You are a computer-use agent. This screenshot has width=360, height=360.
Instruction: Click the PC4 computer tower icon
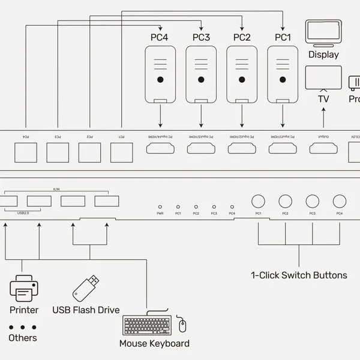tap(160, 75)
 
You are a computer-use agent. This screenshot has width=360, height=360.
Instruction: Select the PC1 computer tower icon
tap(282, 75)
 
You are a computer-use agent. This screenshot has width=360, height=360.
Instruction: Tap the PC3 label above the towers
tap(201, 38)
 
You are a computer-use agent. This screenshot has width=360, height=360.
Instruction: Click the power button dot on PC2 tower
tap(242, 80)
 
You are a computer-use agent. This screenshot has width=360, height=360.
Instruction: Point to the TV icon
tap(323, 78)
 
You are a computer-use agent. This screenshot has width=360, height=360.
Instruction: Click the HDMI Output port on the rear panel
tap(323, 148)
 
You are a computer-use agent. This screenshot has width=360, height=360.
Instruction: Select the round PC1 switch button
tap(258, 201)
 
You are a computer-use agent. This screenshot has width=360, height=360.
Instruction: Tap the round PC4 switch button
tap(340, 201)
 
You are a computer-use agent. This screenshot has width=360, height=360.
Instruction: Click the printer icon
tap(24, 288)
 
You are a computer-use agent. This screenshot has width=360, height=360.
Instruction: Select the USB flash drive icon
tap(86, 288)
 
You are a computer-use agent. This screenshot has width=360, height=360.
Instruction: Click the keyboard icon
tap(147, 326)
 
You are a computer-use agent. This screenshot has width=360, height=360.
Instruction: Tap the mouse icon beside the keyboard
tap(182, 326)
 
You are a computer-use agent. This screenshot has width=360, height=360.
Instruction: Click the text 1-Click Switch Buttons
tap(299, 275)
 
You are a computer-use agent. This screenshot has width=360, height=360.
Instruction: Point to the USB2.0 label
tap(23, 212)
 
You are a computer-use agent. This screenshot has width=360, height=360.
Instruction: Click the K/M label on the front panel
tap(56, 190)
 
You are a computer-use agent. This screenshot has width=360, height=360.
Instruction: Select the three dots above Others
tap(23, 327)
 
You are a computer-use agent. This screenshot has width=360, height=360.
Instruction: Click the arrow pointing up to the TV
tap(323, 117)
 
